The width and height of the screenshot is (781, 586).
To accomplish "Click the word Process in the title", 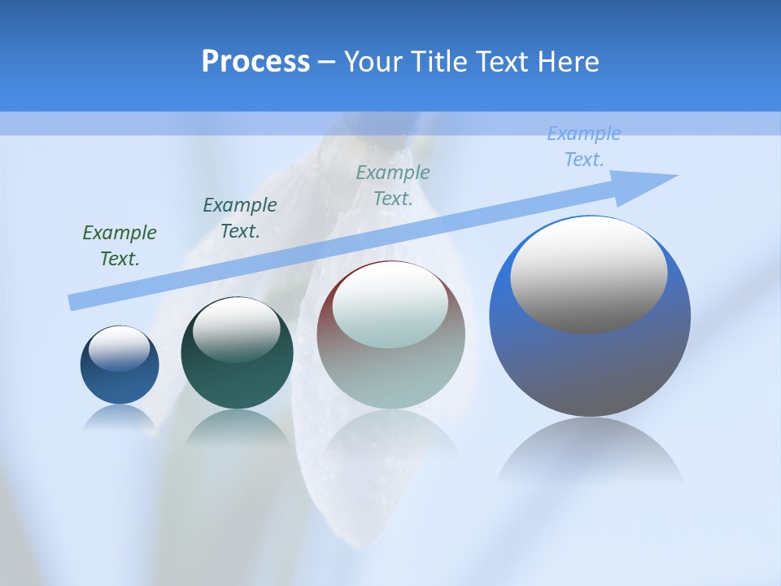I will point(255,62).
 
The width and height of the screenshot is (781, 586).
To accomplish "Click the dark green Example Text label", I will point(120,246).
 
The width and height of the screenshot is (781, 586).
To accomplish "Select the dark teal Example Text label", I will point(240,218).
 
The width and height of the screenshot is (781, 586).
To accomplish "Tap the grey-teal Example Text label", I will point(393,186).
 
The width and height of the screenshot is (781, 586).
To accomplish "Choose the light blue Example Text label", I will point(584,146).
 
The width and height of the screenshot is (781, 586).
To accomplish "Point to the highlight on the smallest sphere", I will point(119,348).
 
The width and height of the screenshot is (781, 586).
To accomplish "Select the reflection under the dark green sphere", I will point(237,427).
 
